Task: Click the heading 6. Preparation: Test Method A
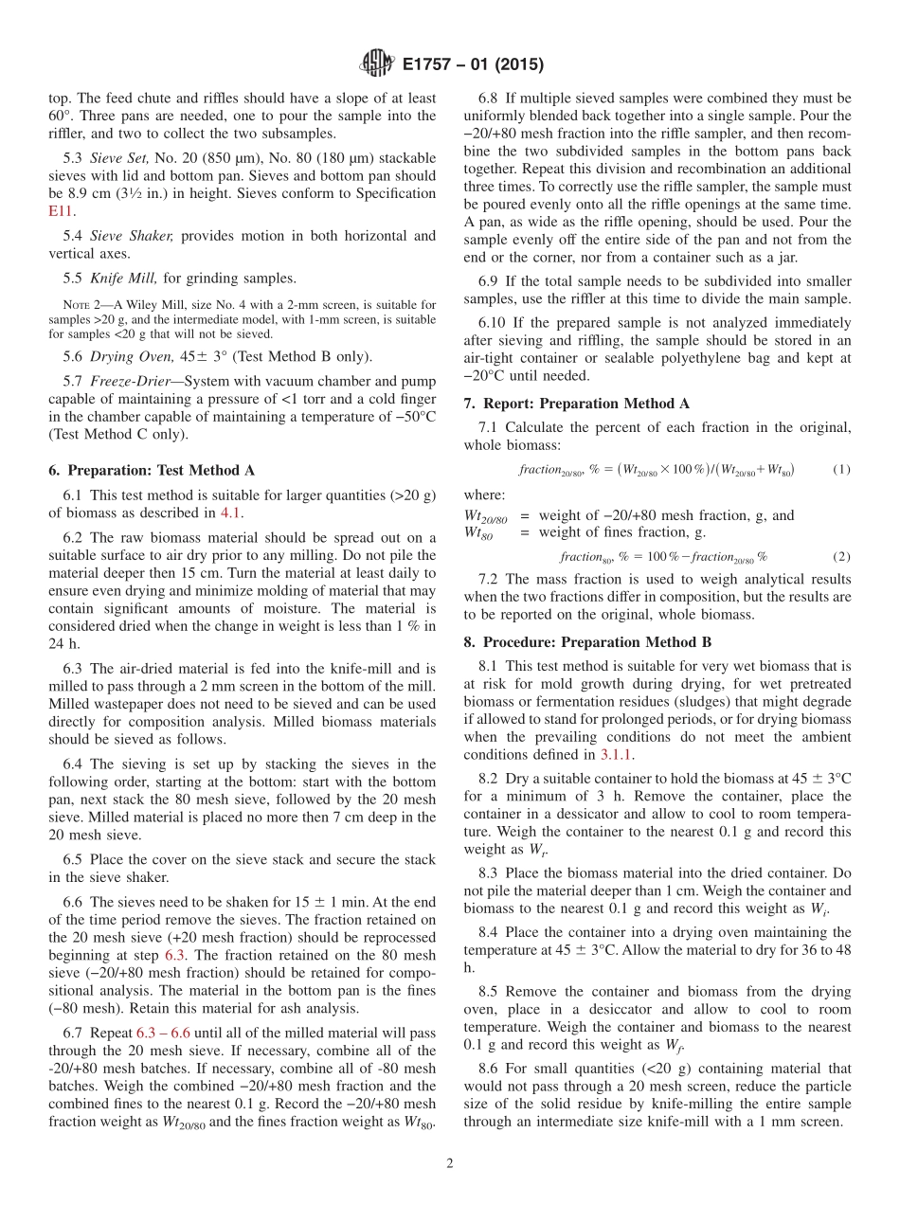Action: click(151, 471)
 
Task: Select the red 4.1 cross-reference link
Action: click(231, 513)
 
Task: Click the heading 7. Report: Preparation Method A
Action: click(576, 404)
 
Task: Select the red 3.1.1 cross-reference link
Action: click(618, 755)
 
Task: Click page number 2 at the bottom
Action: click(450, 1163)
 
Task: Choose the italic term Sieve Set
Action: click(120, 157)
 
